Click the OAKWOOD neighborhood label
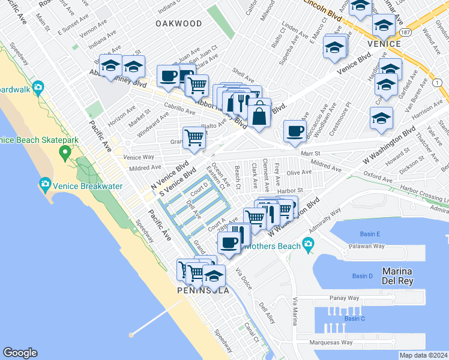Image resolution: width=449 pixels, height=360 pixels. tap(179, 23)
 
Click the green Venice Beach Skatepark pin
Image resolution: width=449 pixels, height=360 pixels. tap(65, 154)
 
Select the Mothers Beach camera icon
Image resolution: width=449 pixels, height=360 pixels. tap(309, 243)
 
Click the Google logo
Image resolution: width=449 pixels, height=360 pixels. tap(20, 353)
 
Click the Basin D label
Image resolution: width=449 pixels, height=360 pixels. tap(363, 276)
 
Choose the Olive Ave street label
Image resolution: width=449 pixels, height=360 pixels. tap(299, 172)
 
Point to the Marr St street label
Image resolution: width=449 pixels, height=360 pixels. tap(311, 153)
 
